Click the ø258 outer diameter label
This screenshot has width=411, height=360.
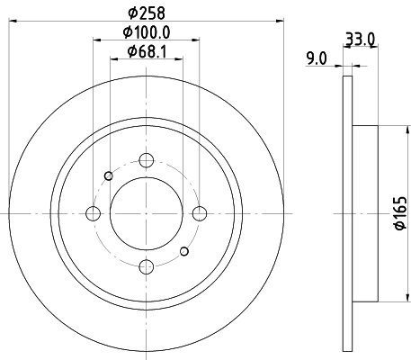tap(147, 13)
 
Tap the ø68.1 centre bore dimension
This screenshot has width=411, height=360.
tap(147, 51)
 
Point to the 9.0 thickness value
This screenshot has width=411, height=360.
tap(317, 58)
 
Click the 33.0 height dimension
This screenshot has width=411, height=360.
tap(360, 39)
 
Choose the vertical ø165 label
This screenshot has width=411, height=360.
tap(399, 213)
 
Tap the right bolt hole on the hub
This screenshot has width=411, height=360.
tap(200, 213)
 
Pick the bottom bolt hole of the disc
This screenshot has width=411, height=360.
tap(147, 266)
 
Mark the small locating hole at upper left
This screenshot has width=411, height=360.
tap(109, 175)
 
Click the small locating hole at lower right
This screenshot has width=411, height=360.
tap(184, 251)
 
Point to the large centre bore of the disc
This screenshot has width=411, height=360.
tap(147, 213)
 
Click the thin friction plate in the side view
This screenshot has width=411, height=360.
tap(348, 213)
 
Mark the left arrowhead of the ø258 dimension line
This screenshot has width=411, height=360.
tap(13, 22)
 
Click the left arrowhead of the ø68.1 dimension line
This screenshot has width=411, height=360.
tap(113, 61)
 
